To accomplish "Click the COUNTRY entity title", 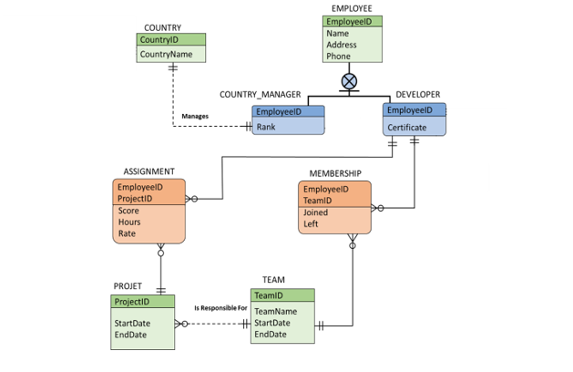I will coord(162,28).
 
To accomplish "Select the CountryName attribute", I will coord(166,55).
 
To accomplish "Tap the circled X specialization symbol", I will coord(349,81).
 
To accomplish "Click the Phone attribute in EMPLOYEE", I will coord(337,57).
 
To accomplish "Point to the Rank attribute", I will coord(265,127).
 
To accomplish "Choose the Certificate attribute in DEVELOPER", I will coord(406,128).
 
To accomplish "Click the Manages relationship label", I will coord(195,117).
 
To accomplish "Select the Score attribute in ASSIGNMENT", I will coord(128,211).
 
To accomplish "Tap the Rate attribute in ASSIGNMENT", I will coord(127,233).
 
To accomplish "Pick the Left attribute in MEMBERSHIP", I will coord(311,224).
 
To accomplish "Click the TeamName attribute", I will coord(275,311).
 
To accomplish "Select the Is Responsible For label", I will coord(220,308).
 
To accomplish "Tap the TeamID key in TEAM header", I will coord(268,295).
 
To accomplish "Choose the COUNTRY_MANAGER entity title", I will coord(260,95).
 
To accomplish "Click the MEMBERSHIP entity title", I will coord(334,173).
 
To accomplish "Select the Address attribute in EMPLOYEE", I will coord(342,45).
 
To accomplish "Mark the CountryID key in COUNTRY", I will coord(159,40).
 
